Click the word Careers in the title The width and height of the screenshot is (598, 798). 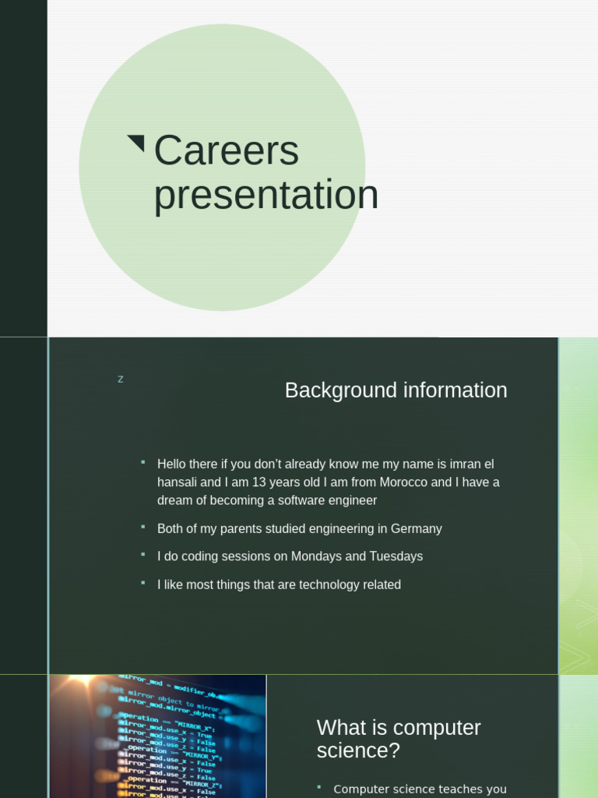(226, 150)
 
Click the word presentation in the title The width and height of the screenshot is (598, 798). (266, 195)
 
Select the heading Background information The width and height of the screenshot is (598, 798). (396, 390)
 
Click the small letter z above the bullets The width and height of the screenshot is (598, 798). (121, 380)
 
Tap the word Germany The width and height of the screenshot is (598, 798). (416, 529)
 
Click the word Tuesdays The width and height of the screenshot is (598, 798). (396, 556)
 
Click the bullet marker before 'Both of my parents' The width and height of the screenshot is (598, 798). (143, 527)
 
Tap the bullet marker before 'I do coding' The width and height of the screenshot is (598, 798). (143, 555)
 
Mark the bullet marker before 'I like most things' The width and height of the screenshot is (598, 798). (143, 583)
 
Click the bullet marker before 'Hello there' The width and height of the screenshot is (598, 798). (143, 462)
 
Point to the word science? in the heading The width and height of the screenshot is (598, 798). (358, 751)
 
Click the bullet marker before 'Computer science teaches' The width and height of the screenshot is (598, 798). (320, 787)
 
